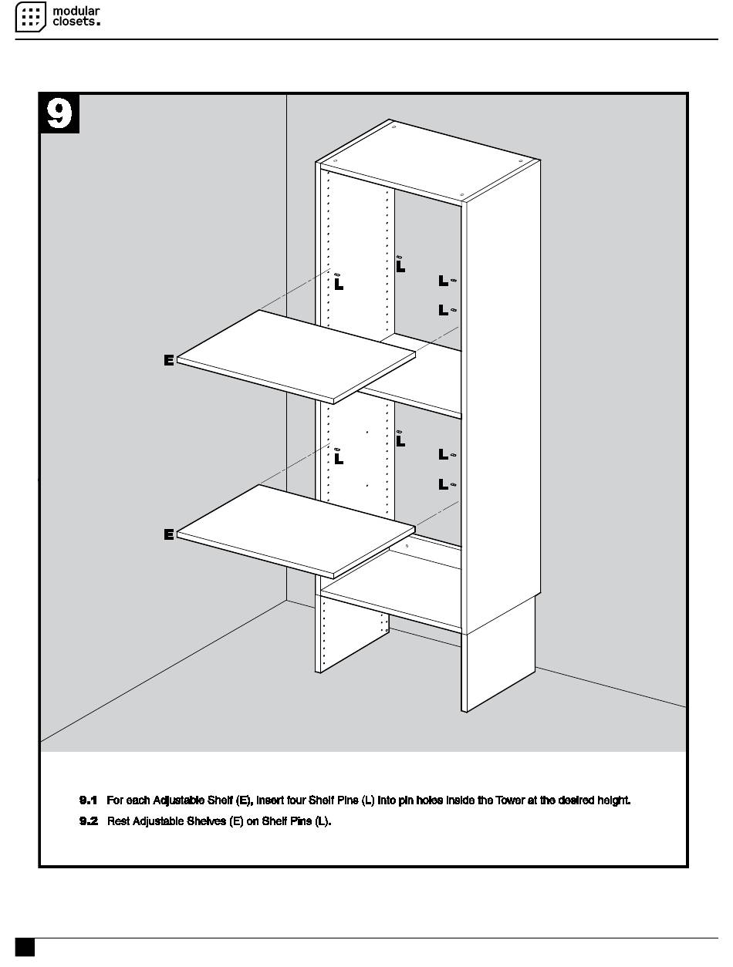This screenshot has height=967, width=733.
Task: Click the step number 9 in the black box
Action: coord(59,113)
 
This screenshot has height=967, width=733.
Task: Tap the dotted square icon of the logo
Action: coord(31,17)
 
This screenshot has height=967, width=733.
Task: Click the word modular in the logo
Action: coord(76,11)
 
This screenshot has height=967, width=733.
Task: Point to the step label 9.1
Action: coord(88,800)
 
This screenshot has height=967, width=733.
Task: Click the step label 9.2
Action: coord(88,821)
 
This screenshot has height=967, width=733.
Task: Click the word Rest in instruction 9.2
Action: coord(118,821)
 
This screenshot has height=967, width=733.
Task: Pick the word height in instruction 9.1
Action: coord(613,800)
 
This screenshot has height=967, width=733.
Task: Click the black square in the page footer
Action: coord(25,948)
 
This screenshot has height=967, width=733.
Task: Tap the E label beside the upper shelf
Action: coord(169,359)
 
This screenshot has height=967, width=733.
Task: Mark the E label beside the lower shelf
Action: coord(169,534)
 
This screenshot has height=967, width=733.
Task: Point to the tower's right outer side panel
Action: coord(502,401)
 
